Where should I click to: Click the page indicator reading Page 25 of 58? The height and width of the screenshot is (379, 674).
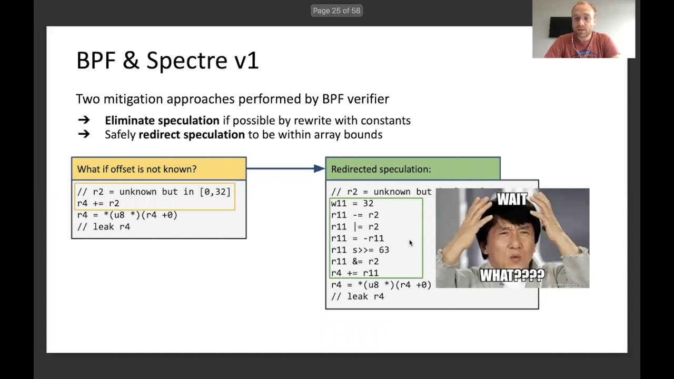(x=336, y=11)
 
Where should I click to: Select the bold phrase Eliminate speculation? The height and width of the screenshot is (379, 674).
(x=162, y=121)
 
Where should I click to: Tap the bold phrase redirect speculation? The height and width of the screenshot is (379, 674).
(x=192, y=135)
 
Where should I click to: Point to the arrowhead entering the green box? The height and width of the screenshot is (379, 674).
(x=319, y=168)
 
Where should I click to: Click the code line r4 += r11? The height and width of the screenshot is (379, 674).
(x=355, y=273)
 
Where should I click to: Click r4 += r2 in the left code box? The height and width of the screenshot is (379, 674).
(x=98, y=204)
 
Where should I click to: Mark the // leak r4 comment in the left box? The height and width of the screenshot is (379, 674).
(x=104, y=227)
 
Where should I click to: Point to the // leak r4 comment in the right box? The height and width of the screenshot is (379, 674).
(x=358, y=296)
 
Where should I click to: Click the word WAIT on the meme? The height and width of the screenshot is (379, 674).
(x=512, y=200)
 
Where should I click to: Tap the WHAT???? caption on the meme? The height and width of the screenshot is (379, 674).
(x=512, y=275)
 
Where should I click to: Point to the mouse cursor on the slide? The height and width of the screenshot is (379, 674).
(x=411, y=243)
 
